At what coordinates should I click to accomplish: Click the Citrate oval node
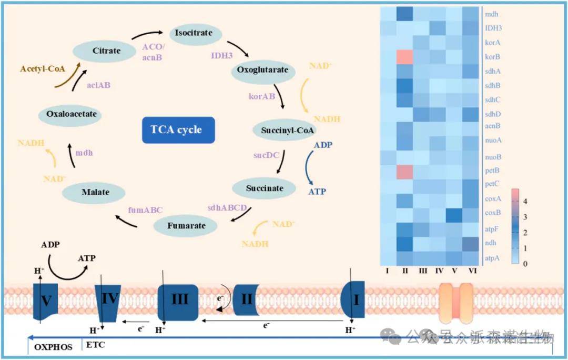coord(106,51)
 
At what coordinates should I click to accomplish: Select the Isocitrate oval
coord(193,33)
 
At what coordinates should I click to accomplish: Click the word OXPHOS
coord(53,347)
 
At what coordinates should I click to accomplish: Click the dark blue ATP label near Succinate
coord(318,192)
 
